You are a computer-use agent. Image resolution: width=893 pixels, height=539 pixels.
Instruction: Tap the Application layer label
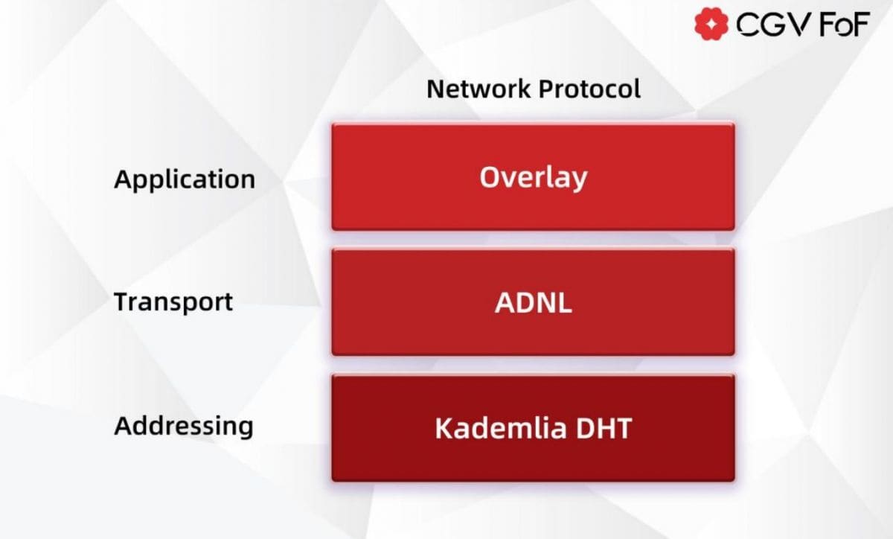tap(185, 179)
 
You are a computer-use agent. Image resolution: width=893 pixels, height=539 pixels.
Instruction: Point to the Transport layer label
tap(173, 302)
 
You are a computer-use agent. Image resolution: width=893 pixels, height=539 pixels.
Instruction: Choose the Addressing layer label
tap(184, 427)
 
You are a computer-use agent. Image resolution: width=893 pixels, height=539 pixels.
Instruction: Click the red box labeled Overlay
tap(533, 176)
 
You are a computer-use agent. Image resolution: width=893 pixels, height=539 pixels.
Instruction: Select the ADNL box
tap(533, 302)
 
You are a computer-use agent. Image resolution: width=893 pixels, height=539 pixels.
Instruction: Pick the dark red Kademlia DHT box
tap(533, 428)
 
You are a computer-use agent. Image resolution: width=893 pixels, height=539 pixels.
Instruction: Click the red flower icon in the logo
tap(711, 25)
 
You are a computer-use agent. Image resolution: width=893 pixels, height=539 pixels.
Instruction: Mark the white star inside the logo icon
tap(711, 25)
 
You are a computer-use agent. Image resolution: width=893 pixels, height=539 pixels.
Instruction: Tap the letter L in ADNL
tap(565, 302)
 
